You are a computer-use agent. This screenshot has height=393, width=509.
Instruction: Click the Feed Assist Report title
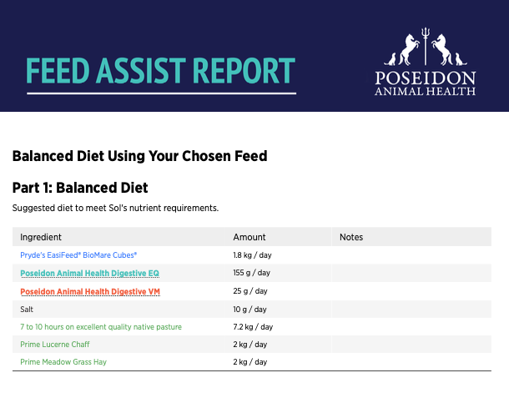point(161,70)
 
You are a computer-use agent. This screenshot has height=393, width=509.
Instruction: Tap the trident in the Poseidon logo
point(426,46)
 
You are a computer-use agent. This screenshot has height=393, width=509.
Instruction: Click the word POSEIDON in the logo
point(426,78)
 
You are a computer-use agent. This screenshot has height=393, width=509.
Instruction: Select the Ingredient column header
point(41,237)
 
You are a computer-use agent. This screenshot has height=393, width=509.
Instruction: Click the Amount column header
point(249,237)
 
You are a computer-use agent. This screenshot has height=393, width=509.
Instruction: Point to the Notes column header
point(351,237)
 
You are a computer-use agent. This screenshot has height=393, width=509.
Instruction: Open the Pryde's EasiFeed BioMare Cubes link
point(78,255)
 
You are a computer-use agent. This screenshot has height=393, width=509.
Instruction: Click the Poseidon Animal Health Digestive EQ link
point(89,273)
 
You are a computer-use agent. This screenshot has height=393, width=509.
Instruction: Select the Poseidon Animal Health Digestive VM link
point(90,291)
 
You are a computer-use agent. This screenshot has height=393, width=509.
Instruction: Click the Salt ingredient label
point(27,310)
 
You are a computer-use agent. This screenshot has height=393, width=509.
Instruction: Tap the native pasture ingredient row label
point(101,327)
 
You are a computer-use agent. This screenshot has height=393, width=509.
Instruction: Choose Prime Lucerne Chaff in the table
point(55,345)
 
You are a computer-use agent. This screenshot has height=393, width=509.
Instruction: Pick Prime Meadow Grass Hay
point(63,362)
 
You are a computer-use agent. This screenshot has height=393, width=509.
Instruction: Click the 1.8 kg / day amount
point(252,255)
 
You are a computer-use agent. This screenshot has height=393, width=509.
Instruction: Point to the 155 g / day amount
point(251,273)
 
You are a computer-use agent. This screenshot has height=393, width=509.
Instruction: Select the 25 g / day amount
point(250,291)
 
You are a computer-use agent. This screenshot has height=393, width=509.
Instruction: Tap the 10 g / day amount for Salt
point(249,310)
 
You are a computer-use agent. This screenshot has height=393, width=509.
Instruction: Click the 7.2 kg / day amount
point(253,327)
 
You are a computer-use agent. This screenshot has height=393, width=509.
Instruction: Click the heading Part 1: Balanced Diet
point(80,188)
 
